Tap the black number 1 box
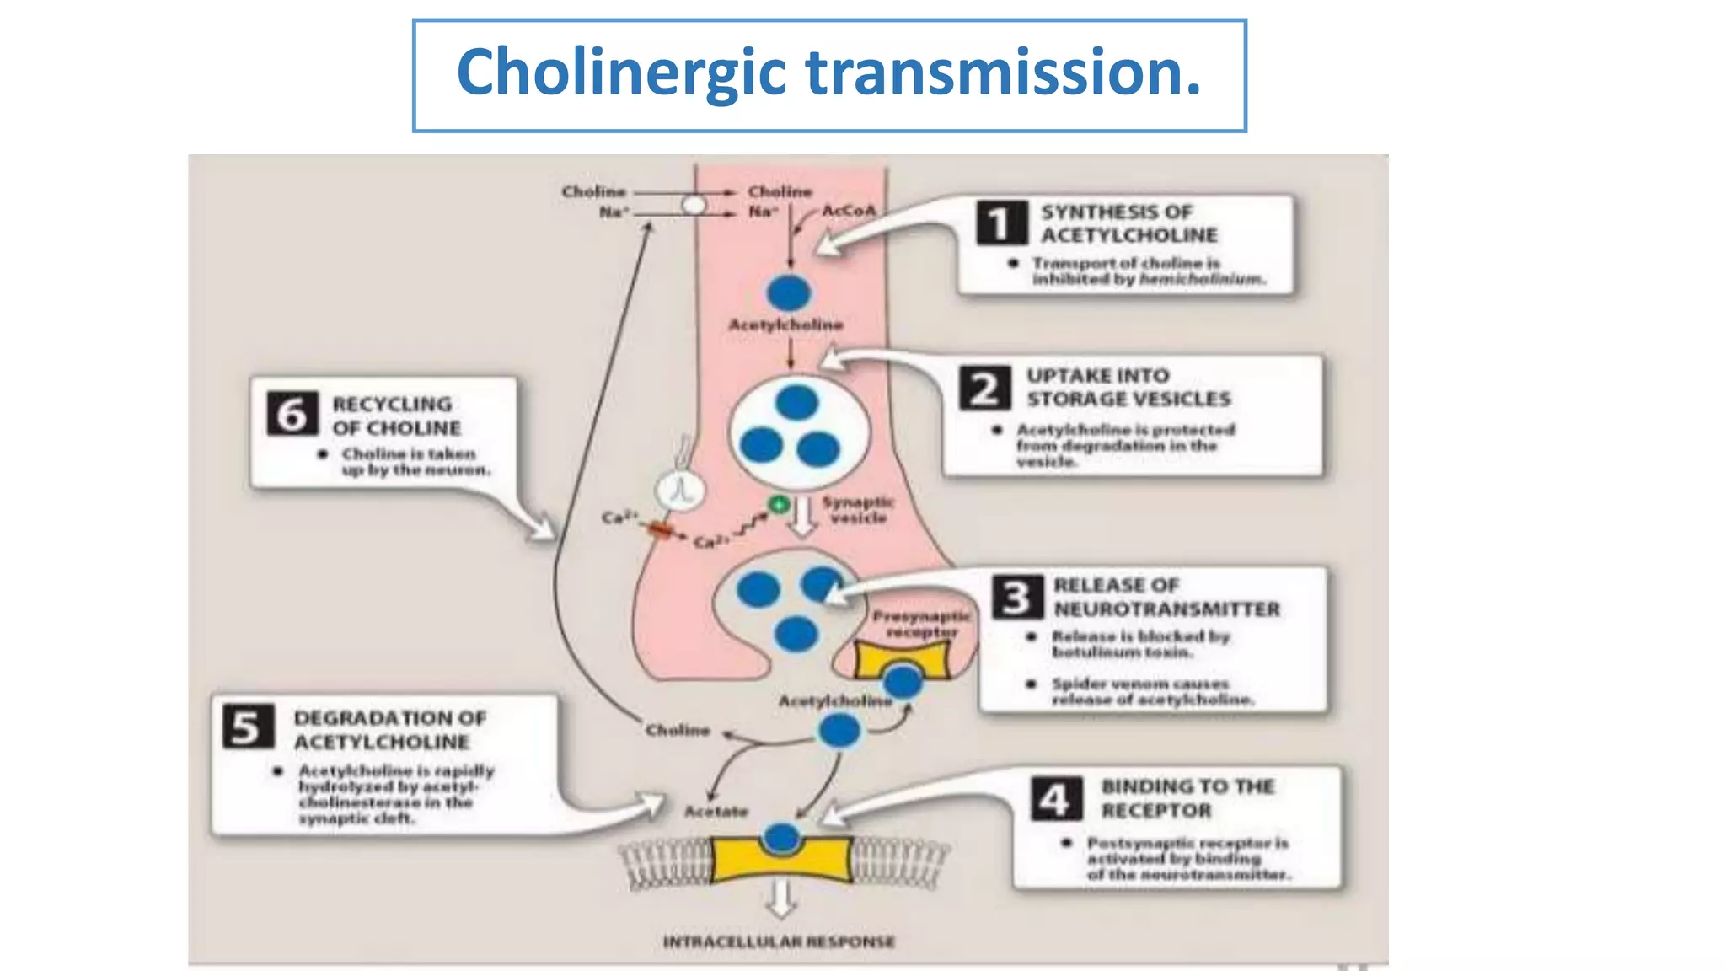[x=1001, y=223]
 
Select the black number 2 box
[x=984, y=389]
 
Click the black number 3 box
[x=1016, y=597]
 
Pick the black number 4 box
[x=1055, y=798]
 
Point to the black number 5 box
[x=248, y=727]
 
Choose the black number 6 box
[x=292, y=413]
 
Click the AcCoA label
[x=849, y=211]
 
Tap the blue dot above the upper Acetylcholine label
[x=788, y=292]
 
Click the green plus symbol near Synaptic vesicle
[x=779, y=504]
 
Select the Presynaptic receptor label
[x=921, y=624]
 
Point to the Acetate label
[x=716, y=811]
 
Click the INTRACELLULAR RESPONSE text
[x=779, y=941]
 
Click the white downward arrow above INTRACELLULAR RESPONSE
[x=781, y=899]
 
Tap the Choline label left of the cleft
[x=678, y=730]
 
